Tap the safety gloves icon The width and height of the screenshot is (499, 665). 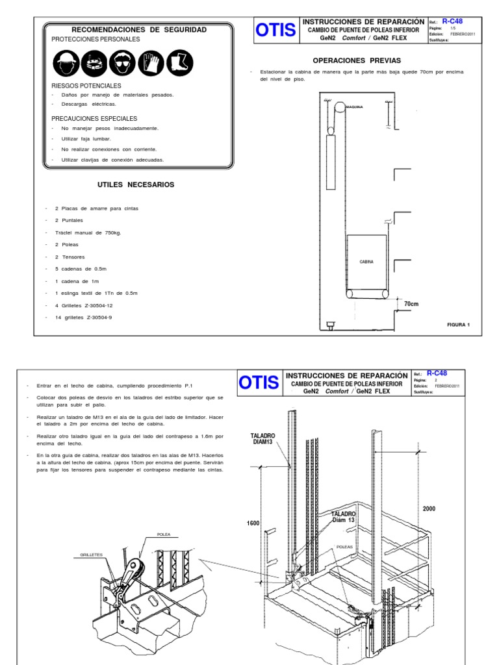tap(151, 63)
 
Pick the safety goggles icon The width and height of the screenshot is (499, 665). tap(123, 63)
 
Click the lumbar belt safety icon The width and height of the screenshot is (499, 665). tap(95, 63)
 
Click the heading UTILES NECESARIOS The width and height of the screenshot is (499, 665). tap(136, 184)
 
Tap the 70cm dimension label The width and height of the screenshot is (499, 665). tap(412, 304)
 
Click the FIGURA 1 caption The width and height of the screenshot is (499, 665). tap(458, 324)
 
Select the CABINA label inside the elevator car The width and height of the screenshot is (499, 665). tap(367, 262)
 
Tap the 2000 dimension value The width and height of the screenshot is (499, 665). tap(429, 508)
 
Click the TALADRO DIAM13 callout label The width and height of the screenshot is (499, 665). tap(263, 439)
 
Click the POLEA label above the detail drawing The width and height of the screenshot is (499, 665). tap(163, 534)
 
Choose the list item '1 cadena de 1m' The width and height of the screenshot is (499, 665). tap(78, 281)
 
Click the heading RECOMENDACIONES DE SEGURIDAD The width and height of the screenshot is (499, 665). tap(139, 30)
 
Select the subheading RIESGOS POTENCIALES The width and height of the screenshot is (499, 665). tap(86, 86)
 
